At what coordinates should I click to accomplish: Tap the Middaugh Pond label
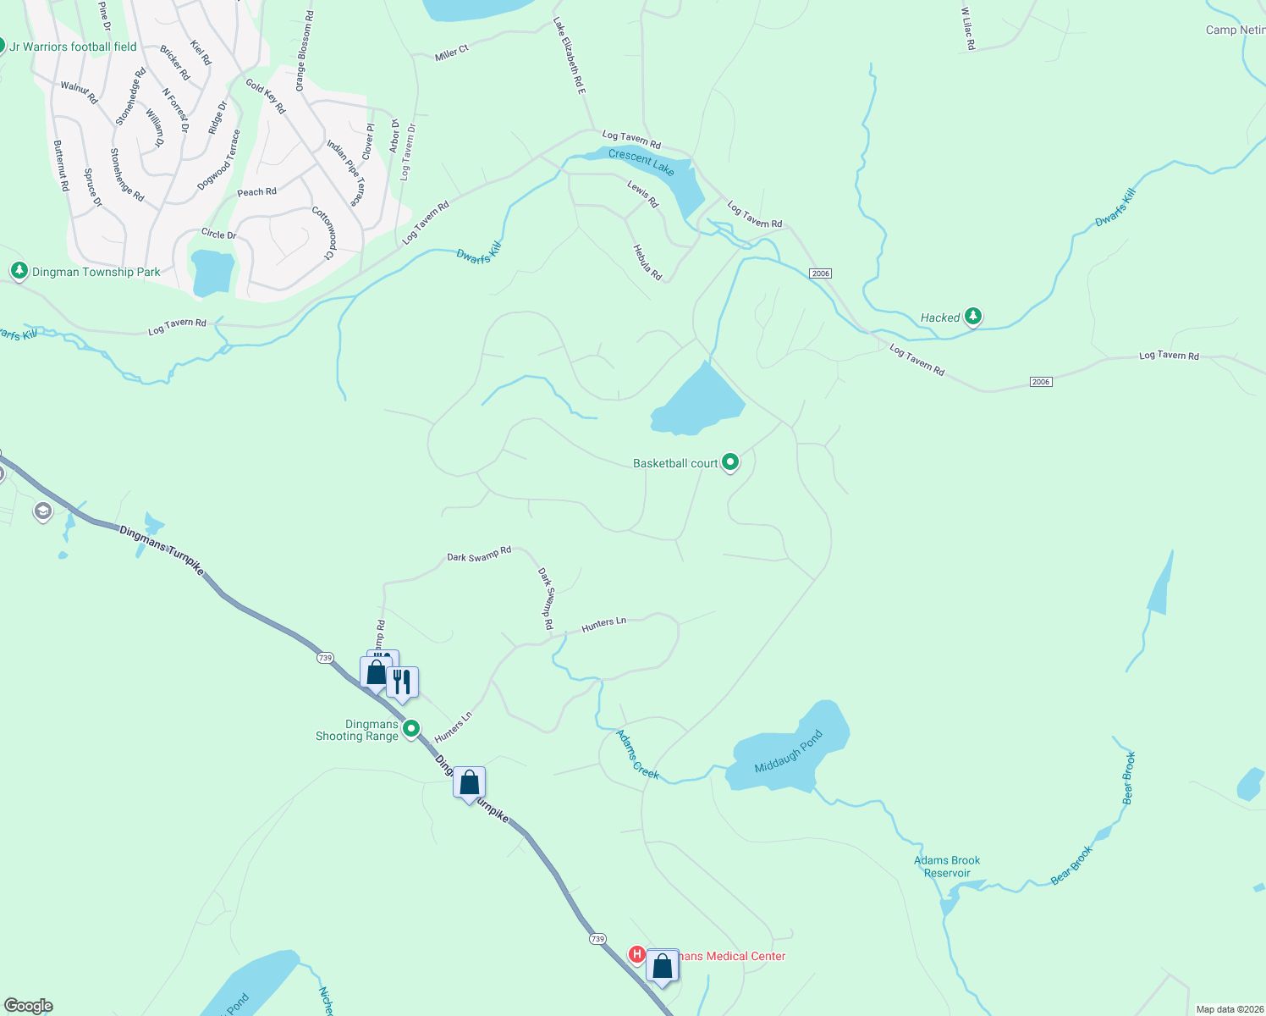pos(789,752)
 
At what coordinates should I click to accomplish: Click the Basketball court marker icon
pos(730,462)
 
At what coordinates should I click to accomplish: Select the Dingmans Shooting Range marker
pos(411,728)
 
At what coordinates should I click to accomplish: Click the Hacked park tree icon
pos(973,317)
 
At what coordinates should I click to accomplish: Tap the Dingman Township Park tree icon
pos(19,271)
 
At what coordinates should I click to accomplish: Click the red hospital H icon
pos(636,955)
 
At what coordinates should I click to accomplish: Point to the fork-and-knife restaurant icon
pos(402,682)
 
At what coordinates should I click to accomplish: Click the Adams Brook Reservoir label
pos(947,867)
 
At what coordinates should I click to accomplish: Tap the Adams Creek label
pos(637,754)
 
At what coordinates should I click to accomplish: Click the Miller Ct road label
pos(451,54)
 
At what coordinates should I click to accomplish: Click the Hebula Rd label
pos(647,262)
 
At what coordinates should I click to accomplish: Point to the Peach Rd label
pos(256,192)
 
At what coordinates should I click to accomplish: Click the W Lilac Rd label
pos(969,29)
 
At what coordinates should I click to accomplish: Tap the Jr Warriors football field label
pos(73,47)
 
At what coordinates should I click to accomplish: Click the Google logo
pos(29,1006)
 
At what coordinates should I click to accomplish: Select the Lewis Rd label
pos(642,194)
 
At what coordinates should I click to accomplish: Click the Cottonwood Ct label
pos(322,233)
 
